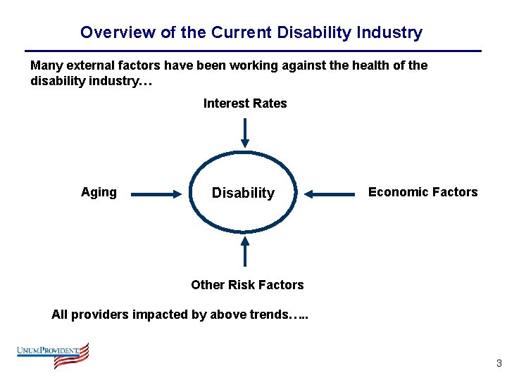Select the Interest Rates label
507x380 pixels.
click(245, 103)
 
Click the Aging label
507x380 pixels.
click(99, 192)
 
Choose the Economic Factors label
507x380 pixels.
click(423, 192)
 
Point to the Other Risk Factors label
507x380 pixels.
click(247, 285)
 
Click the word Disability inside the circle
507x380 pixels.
click(243, 193)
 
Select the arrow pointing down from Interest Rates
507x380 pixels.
click(244, 132)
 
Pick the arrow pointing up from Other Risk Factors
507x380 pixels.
click(244, 251)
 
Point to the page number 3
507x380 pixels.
click(499, 364)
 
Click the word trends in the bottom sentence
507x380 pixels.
click(268, 315)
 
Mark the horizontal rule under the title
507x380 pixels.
click(253, 51)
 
